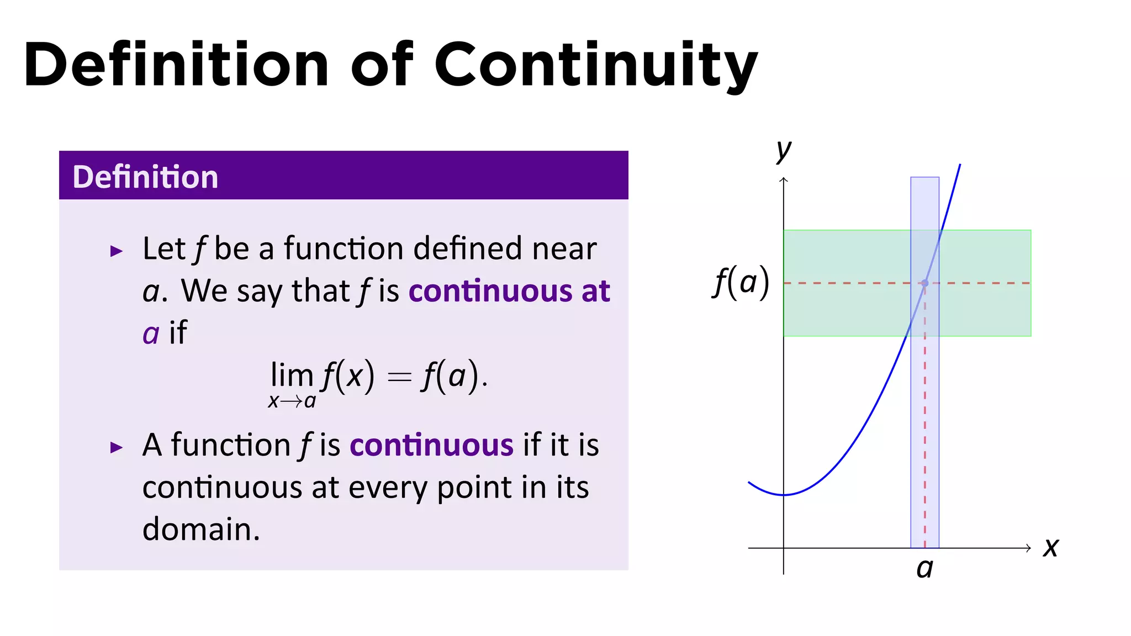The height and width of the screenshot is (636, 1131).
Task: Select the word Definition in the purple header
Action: tap(145, 177)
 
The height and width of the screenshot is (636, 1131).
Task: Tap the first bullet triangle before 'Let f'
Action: tap(116, 252)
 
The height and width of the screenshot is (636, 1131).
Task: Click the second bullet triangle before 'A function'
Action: tap(116, 447)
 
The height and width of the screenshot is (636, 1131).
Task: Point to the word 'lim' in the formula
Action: tap(292, 376)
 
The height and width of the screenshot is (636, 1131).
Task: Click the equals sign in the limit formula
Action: tap(399, 377)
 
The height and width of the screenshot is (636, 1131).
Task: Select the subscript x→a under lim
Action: tap(292, 401)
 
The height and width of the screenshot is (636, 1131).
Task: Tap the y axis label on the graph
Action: tap(784, 150)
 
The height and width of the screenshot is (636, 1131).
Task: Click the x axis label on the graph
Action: tap(1050, 548)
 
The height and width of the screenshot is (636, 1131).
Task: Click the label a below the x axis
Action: tap(924, 569)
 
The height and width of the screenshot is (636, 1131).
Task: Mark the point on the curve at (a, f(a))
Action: tap(924, 283)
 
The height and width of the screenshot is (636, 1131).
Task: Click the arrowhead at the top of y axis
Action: tap(783, 179)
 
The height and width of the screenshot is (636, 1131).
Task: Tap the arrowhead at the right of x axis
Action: tap(1028, 548)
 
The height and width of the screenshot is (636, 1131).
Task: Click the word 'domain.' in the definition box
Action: tap(201, 529)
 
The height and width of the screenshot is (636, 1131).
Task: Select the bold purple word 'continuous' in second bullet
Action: tap(431, 446)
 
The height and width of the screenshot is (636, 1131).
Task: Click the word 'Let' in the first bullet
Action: tap(163, 249)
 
